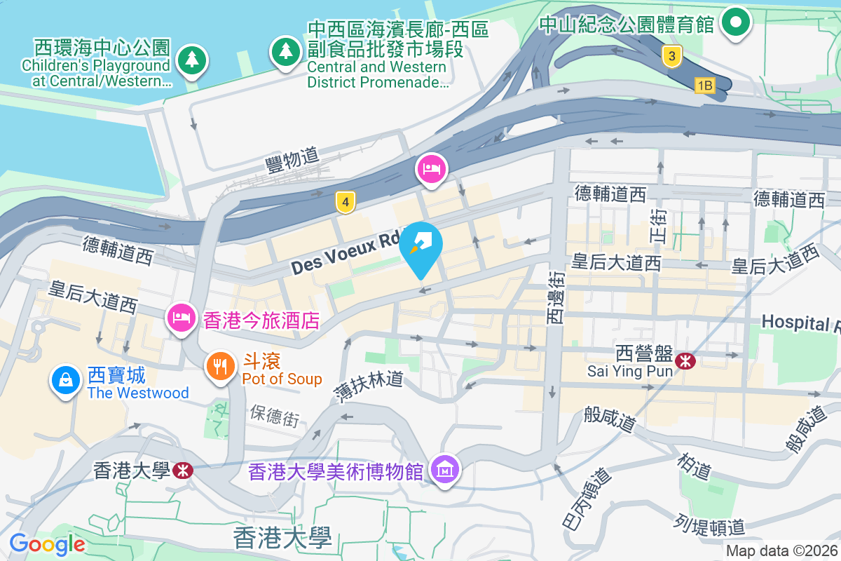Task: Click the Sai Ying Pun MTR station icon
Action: (x=685, y=361)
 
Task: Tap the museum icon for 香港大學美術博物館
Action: (x=446, y=470)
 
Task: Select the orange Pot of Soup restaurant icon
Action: (x=221, y=365)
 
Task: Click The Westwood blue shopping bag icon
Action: (x=65, y=380)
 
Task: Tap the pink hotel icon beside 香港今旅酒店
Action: (x=182, y=317)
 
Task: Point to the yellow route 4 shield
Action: (x=343, y=203)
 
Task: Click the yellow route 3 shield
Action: (x=671, y=56)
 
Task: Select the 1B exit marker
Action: (x=704, y=86)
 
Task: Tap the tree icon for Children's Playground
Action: (x=191, y=59)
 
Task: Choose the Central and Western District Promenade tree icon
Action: (x=285, y=50)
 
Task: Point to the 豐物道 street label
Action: (x=292, y=161)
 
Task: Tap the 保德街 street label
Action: (x=274, y=415)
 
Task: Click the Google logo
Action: (x=47, y=543)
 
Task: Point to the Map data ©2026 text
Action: (x=781, y=550)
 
